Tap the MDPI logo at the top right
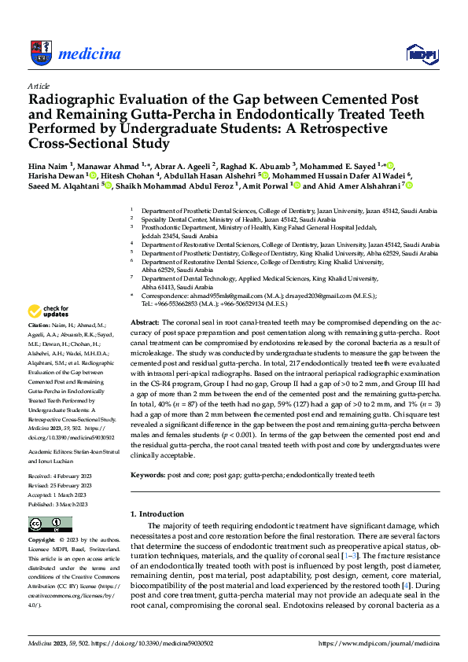421,53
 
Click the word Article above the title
39,86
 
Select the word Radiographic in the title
72,101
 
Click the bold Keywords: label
148,475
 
